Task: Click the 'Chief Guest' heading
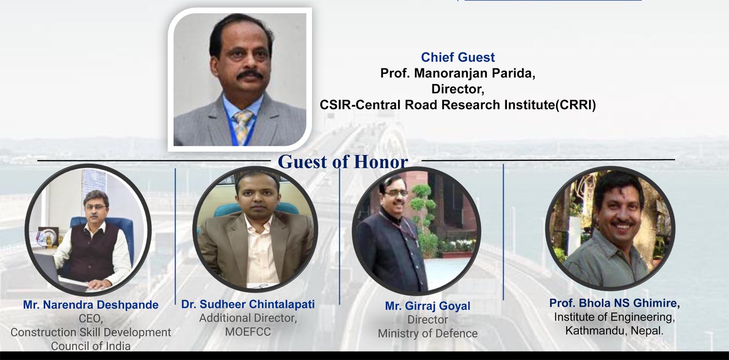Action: [x=458, y=57]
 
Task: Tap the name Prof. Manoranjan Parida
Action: [x=458, y=73]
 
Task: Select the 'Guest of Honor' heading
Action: [x=343, y=162]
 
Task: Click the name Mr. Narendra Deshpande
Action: [x=91, y=305]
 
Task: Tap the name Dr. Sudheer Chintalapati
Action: [x=248, y=305]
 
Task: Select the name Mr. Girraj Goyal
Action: [x=428, y=306]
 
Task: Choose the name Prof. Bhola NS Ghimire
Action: [x=614, y=304]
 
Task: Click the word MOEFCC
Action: [x=248, y=332]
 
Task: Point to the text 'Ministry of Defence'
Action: [x=428, y=334]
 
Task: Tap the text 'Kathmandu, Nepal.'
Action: [x=614, y=331]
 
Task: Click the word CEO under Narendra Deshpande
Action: [x=91, y=319]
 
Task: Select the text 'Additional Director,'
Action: [x=248, y=318]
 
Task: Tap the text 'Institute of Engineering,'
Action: [x=614, y=317]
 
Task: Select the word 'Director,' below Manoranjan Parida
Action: [x=458, y=89]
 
